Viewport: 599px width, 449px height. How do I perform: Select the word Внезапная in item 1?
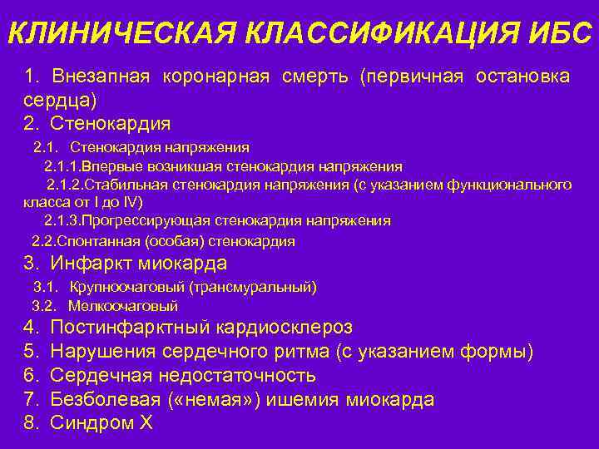point(101,76)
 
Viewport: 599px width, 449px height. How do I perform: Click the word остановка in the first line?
point(522,76)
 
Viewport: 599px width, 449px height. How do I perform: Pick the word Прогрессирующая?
point(150,221)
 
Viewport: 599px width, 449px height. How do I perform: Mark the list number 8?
point(31,423)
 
